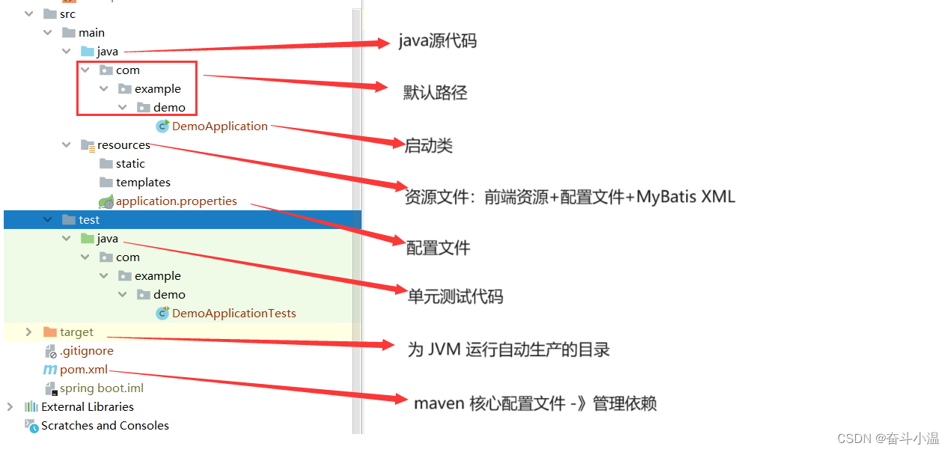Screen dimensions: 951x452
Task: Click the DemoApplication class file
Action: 219,126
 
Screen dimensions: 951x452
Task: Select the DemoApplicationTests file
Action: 233,314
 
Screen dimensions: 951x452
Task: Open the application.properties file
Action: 176,201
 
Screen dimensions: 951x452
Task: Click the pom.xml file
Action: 84,370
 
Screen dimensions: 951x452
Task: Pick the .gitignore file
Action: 87,351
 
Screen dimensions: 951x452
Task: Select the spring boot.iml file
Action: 102,388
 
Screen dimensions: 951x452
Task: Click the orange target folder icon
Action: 50,332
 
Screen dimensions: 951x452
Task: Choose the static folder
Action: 130,164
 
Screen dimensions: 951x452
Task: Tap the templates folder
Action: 143,183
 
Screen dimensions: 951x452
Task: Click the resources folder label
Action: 123,145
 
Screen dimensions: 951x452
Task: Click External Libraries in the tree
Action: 88,407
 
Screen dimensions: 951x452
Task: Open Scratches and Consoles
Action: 105,426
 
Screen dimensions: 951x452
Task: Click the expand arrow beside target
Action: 28,332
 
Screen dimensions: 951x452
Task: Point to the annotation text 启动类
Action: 429,146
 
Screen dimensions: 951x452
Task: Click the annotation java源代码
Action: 437,41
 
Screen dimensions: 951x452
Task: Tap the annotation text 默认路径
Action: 435,93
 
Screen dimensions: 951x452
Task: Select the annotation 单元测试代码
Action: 455,296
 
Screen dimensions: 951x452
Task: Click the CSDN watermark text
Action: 890,439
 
